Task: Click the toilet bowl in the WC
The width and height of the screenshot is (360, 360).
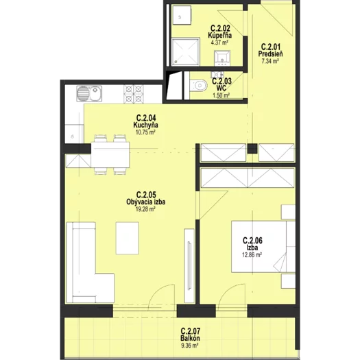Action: [199, 86]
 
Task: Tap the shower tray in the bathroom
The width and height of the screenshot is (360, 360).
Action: [186, 52]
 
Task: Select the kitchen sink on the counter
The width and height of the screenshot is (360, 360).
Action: [89, 94]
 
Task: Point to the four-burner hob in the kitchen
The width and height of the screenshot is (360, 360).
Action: [134, 94]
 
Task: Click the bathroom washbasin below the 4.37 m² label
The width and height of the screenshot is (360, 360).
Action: [222, 58]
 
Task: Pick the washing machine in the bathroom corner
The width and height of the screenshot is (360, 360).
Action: [182, 15]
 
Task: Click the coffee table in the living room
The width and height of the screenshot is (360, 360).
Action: [127, 238]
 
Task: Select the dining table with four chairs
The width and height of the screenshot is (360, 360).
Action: [110, 155]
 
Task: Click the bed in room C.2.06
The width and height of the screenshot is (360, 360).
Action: [263, 247]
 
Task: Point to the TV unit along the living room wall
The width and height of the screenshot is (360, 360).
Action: [189, 265]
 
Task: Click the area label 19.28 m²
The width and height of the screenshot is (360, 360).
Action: [145, 209]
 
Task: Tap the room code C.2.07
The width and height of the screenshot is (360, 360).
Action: [191, 331]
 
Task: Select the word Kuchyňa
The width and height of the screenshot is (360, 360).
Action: [145, 125]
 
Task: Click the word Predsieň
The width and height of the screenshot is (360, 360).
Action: [270, 54]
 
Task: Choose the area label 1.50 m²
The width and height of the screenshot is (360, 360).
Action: [221, 95]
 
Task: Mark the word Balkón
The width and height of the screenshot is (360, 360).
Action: [190, 338]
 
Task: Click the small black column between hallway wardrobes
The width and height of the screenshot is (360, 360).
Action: [252, 149]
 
